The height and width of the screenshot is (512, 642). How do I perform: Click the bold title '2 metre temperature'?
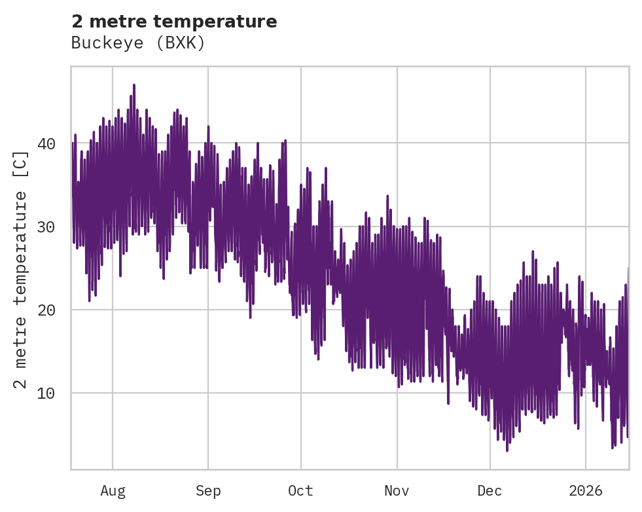pyautogui.click(x=174, y=22)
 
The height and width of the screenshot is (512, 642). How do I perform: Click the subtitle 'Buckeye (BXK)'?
pyautogui.click(x=138, y=43)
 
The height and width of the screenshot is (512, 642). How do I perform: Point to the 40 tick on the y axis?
pyautogui.click(x=46, y=143)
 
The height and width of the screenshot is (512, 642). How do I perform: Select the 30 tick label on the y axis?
pyautogui.click(x=46, y=227)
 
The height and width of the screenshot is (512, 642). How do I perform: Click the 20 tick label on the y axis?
pyautogui.click(x=46, y=310)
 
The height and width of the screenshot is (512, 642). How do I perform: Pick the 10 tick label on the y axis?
pyautogui.click(x=46, y=393)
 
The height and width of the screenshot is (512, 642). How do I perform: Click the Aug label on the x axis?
pyautogui.click(x=113, y=491)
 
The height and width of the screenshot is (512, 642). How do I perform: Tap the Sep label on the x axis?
pyautogui.click(x=208, y=491)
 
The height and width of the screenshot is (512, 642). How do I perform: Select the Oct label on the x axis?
pyautogui.click(x=301, y=491)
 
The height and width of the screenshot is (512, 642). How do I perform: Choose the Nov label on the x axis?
pyautogui.click(x=397, y=491)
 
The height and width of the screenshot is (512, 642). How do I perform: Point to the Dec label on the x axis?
pyautogui.click(x=490, y=491)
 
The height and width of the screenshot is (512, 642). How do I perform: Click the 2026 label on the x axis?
pyautogui.click(x=586, y=491)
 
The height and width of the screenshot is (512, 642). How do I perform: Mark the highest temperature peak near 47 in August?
pyautogui.click(x=134, y=85)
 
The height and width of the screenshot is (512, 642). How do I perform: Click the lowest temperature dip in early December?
pyautogui.click(x=507, y=450)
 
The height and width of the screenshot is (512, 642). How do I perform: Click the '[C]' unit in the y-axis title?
pyautogui.click(x=21, y=164)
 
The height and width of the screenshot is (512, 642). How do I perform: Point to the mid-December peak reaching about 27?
pyautogui.click(x=533, y=251)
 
